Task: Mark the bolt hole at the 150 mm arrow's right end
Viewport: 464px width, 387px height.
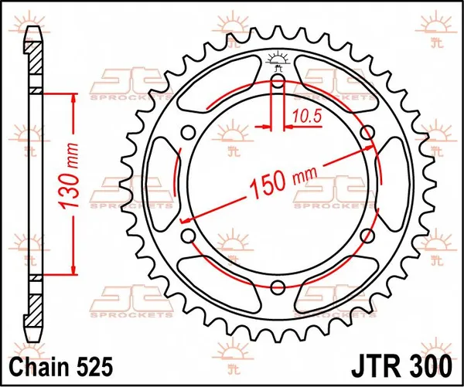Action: (367, 134)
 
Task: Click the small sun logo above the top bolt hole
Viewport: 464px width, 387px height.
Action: (278, 59)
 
